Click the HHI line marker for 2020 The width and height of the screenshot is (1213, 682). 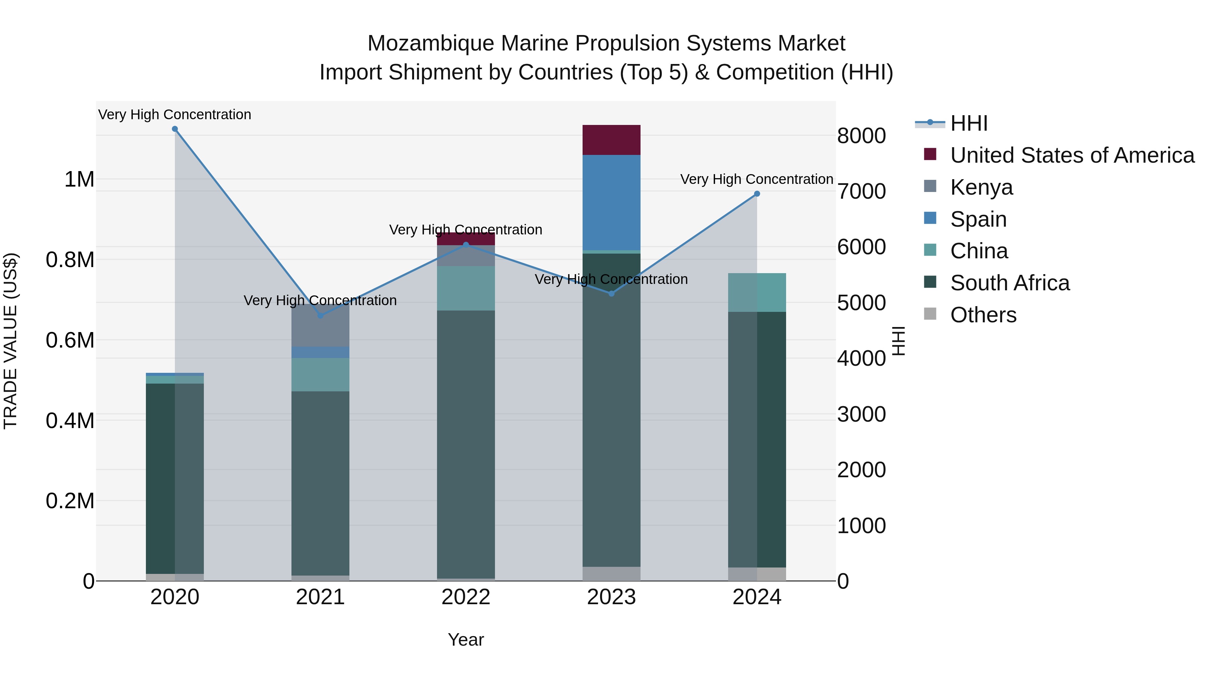pos(175,129)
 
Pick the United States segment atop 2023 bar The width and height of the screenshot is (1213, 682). pos(611,140)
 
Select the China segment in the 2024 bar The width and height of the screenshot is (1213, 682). pos(757,292)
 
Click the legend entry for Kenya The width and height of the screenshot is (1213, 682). pos(981,187)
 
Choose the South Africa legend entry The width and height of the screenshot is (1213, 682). pos(1009,283)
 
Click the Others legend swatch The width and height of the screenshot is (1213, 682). pos(930,314)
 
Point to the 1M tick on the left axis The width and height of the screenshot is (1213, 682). pos(79,179)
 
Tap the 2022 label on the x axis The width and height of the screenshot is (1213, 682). pos(466,597)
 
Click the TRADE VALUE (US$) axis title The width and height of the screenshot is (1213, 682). pos(11,341)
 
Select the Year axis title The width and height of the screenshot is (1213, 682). pos(466,640)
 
